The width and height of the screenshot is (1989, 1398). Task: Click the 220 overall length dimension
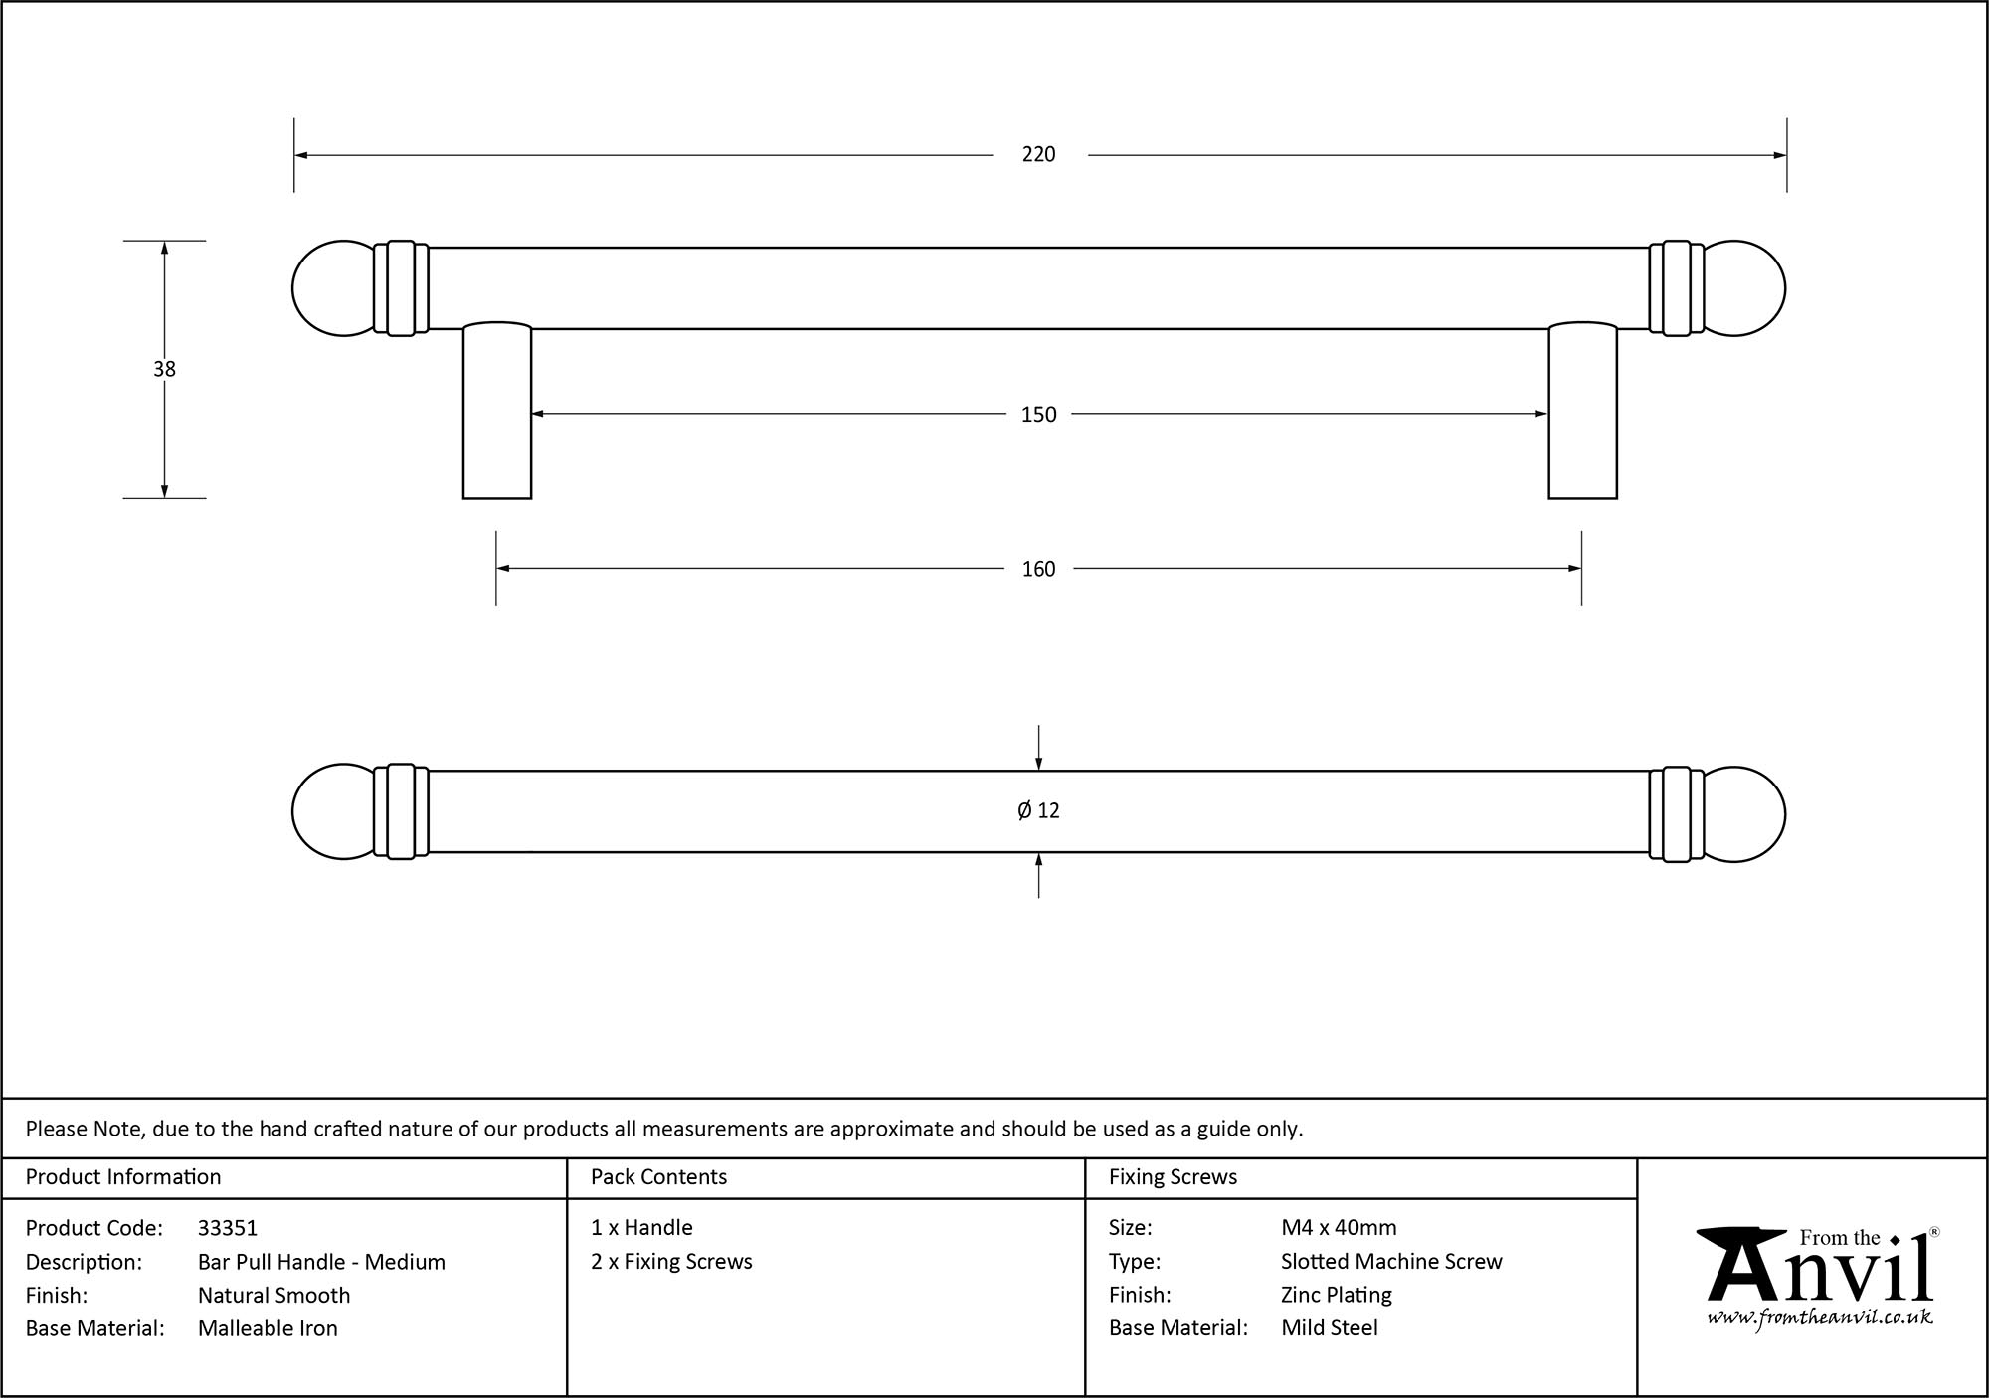pos(1038,154)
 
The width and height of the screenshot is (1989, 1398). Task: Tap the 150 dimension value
pos(1038,414)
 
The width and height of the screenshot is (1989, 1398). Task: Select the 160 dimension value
pos(1038,569)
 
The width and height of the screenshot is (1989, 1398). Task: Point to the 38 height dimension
pos(164,369)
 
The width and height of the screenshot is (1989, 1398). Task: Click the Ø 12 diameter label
pos(1038,810)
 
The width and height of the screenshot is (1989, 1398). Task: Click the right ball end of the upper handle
pos(1745,288)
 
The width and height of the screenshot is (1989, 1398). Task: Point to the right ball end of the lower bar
pos(1745,814)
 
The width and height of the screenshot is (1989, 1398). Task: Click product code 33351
pos(228,1228)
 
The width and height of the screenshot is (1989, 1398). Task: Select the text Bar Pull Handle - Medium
pos(321,1262)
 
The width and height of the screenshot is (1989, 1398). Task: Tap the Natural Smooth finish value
pos(273,1295)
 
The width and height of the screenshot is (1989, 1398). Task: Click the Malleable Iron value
pos(268,1328)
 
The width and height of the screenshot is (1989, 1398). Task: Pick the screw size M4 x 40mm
pos(1339,1228)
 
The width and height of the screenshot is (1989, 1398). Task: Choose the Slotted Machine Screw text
pos(1391,1262)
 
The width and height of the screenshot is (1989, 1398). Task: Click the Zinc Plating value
pos(1336,1295)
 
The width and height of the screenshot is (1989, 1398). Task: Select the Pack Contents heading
pos(658,1177)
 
